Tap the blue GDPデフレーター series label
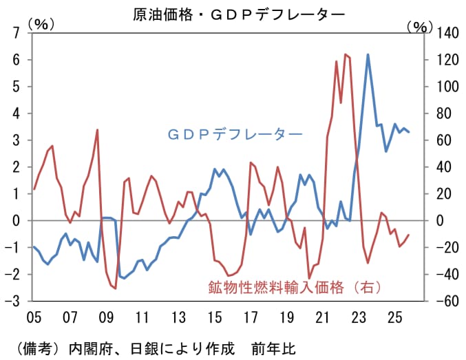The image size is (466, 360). pyautogui.click(x=234, y=134)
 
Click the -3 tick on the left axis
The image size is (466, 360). pyautogui.click(x=16, y=301)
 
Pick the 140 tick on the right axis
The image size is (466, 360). pyautogui.click(x=443, y=33)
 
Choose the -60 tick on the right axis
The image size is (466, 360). pyautogui.click(x=443, y=301)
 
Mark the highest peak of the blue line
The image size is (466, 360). pyautogui.click(x=368, y=54)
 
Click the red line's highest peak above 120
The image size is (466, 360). pyautogui.click(x=346, y=54)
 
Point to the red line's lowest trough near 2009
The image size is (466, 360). pyautogui.click(x=115, y=288)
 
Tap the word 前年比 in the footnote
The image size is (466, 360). pyautogui.click(x=275, y=346)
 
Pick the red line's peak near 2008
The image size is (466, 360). pyautogui.click(x=97, y=129)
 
